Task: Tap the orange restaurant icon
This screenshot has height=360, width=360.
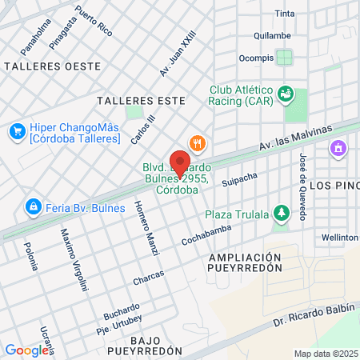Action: pos(198,143)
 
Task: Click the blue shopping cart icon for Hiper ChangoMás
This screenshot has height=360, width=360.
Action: pos(17,130)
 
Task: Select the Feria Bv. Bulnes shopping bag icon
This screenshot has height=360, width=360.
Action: pos(33,208)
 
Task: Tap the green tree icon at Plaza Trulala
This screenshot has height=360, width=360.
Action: pos(281,214)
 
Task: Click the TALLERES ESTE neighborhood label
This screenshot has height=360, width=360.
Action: pos(140,101)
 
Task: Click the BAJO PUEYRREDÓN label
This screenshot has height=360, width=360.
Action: pos(145,346)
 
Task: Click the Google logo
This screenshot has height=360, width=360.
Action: pos(26,350)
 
